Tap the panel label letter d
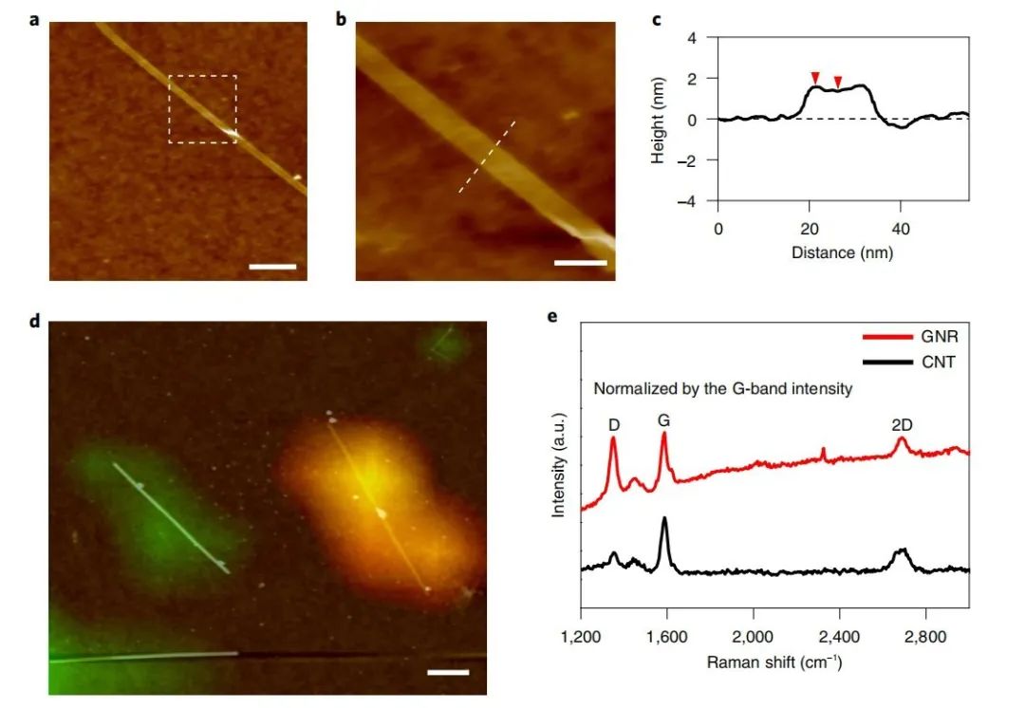36,320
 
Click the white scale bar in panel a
272,267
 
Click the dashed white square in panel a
203,109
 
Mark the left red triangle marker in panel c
814,77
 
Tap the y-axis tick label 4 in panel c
691,38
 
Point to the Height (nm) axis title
658,120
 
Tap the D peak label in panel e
614,425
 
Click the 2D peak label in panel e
902,425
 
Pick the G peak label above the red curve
664,418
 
